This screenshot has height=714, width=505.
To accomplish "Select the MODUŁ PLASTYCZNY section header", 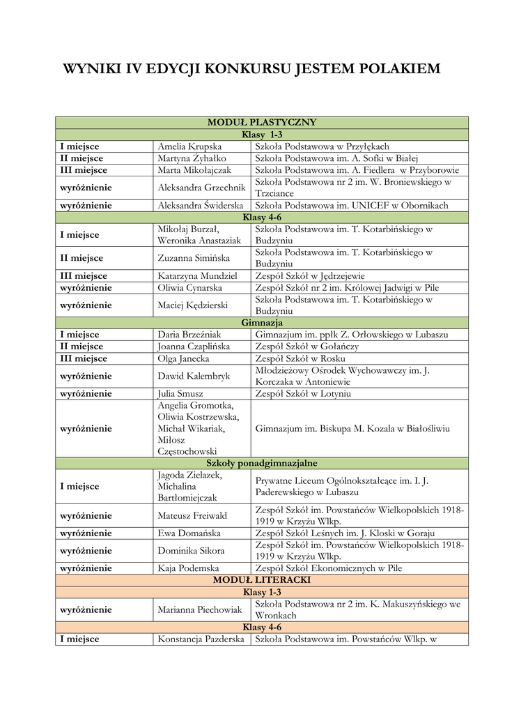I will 262,123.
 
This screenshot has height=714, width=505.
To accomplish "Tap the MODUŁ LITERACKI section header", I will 262,580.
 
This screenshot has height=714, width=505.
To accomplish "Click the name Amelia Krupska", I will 189,146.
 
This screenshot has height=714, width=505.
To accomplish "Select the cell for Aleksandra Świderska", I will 201,206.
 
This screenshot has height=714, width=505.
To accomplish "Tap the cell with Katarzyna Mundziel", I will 198,276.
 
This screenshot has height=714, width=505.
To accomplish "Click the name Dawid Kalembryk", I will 194,377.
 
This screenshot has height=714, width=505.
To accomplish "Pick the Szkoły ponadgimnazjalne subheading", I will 262,463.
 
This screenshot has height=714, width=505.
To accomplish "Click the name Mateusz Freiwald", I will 193,516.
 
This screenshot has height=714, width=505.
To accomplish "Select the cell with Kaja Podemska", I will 189,568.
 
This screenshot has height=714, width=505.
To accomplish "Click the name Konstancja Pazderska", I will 201,639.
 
